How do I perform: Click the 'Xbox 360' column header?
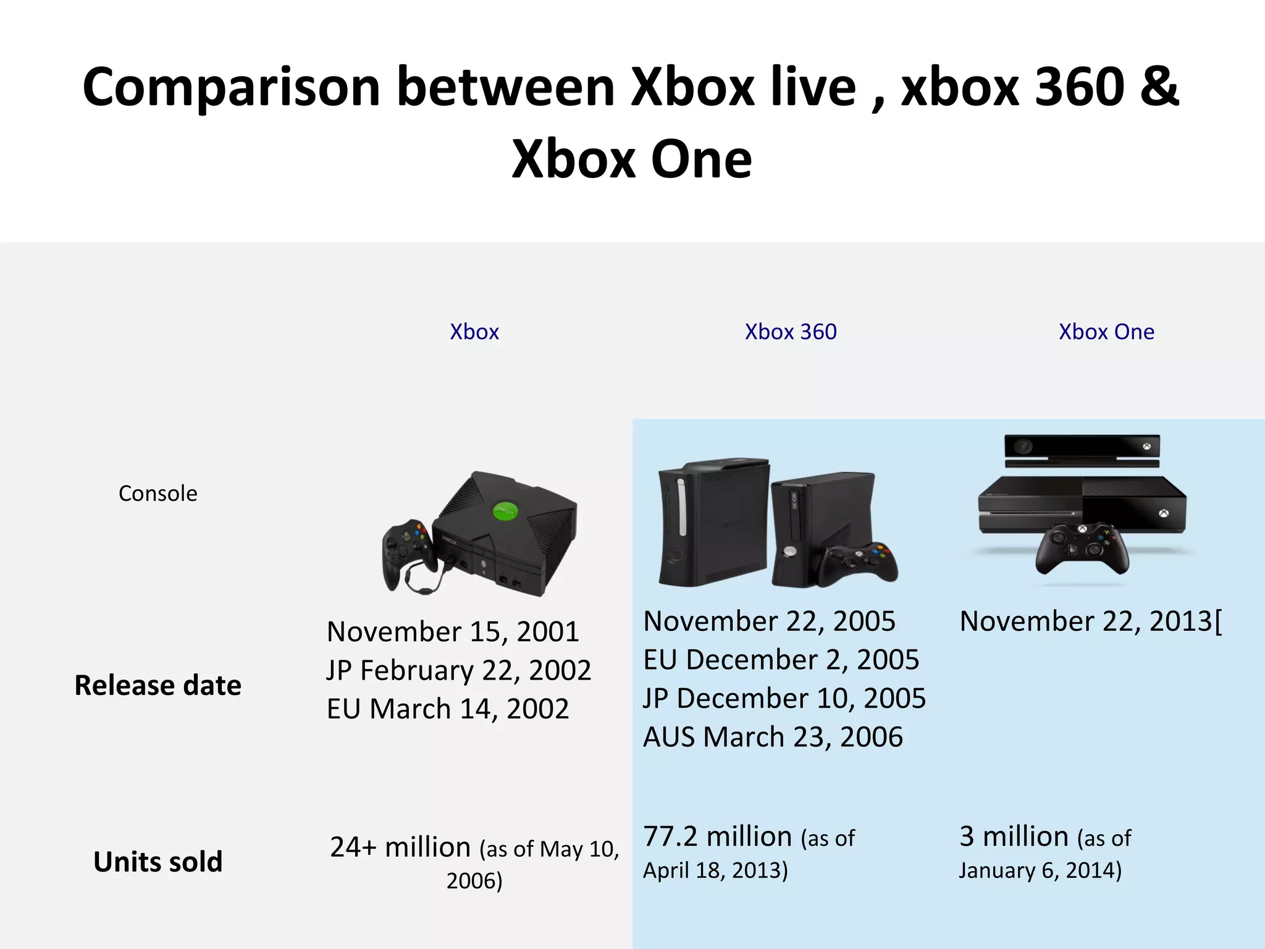791,332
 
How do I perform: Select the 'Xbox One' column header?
1106,332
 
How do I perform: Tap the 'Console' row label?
158,493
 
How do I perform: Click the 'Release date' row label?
158,685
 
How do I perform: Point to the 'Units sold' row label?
158,861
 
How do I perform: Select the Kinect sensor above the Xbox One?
1082,449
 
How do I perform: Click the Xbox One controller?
1082,547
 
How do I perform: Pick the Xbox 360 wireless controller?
860,562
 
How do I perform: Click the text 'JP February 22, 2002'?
458,670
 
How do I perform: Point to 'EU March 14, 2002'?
448,709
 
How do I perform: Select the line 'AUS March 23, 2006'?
773,737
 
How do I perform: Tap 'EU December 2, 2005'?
781,660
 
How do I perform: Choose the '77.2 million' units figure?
718,837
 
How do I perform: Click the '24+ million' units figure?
400,847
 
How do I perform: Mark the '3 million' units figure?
1014,837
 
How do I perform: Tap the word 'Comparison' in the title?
231,88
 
